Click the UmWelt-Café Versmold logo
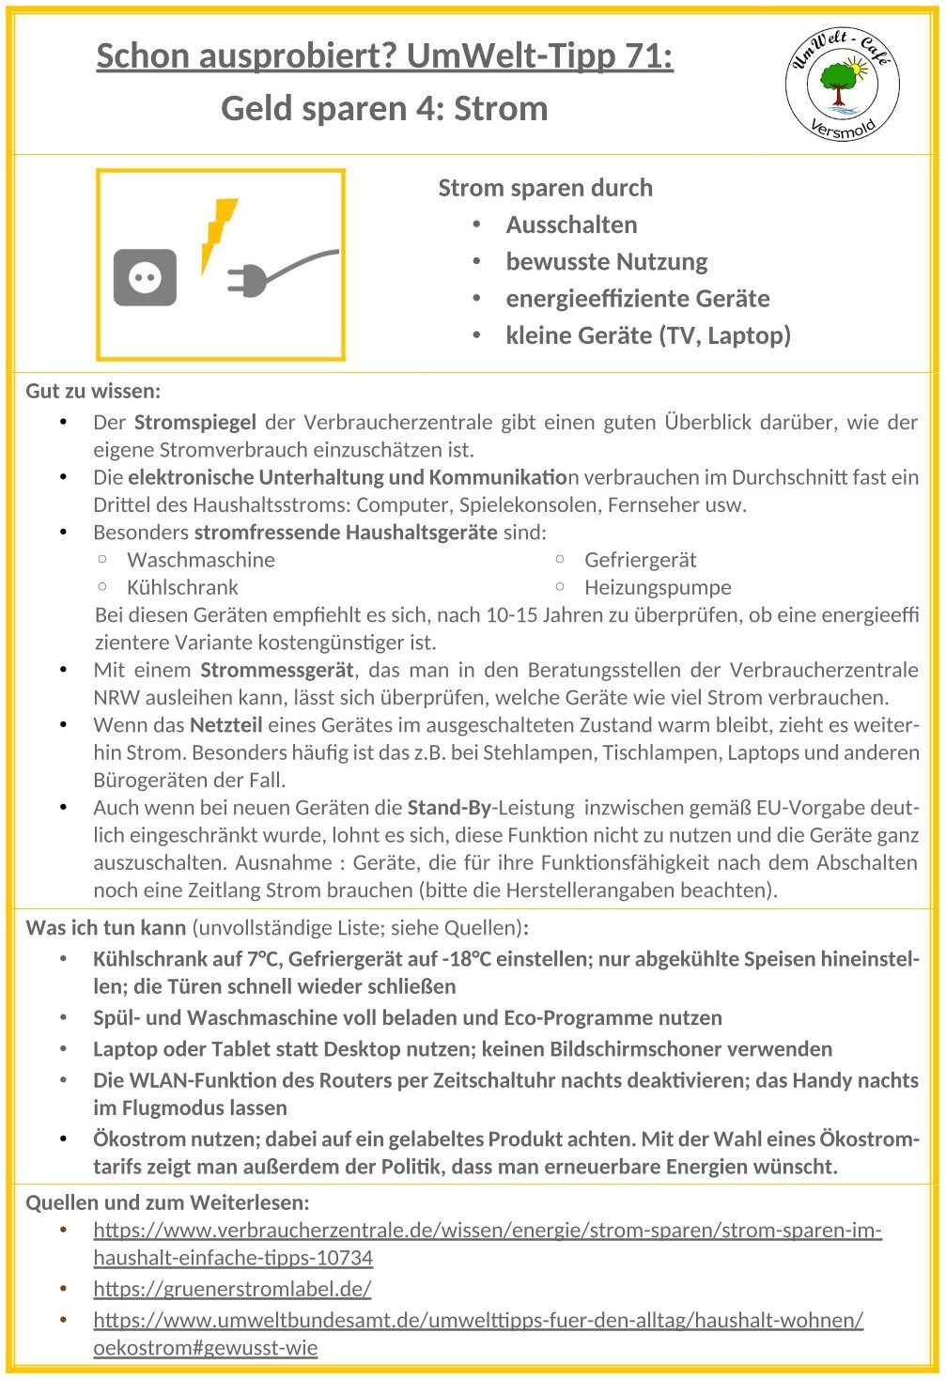tap(842, 85)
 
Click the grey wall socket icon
tap(145, 277)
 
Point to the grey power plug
tap(272, 273)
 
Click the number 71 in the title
tap(644, 56)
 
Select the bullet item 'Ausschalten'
tap(571, 225)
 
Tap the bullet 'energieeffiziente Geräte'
tap(637, 299)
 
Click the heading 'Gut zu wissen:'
tap(93, 391)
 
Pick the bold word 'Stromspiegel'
tap(194, 423)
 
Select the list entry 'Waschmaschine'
tap(201, 560)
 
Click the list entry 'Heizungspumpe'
tap(658, 588)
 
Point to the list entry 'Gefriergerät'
tap(640, 560)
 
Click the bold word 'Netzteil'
tap(225, 725)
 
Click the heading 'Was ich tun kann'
tap(106, 928)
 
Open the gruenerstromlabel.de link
tap(232, 1289)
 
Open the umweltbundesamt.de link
tap(477, 1320)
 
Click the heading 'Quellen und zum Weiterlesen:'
tap(167, 1202)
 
